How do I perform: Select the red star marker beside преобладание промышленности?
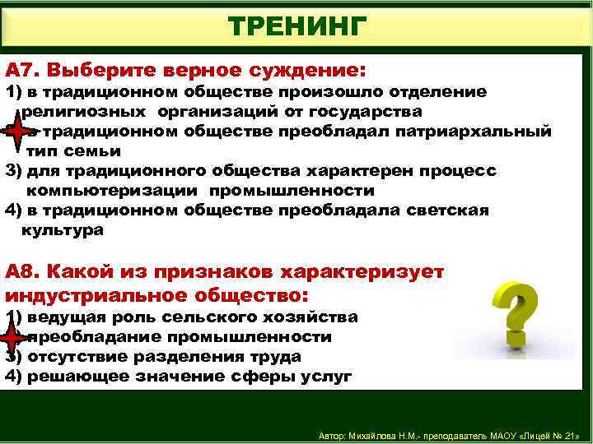coord(14,337)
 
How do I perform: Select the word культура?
coord(63,230)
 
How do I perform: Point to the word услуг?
coord(328,377)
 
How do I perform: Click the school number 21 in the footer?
coord(570,435)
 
